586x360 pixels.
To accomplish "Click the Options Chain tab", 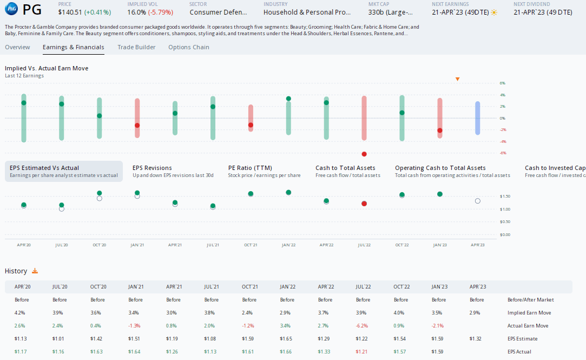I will tap(188, 47).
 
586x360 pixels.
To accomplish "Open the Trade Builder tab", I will tap(136, 47).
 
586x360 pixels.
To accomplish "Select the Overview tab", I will tap(17, 47).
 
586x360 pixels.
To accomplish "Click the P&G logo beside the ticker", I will tap(11, 10).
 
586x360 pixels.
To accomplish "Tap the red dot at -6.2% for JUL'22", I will tap(364, 154).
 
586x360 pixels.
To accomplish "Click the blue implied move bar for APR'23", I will tap(477, 118).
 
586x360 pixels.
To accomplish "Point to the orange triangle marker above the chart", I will tap(457, 80).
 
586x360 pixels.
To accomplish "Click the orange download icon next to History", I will tap(35, 271).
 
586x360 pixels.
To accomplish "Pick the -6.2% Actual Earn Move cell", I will tap(363, 326).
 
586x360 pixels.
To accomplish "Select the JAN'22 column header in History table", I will tap(287, 287).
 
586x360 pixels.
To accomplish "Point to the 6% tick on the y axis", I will tap(502, 83).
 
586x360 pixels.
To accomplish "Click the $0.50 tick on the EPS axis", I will tap(504, 222).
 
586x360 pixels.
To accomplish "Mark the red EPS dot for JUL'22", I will tap(364, 204).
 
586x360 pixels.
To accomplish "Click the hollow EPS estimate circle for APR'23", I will tap(477, 201).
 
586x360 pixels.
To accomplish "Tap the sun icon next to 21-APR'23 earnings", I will tap(493, 12).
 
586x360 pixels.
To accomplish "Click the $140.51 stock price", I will tap(69, 12).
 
